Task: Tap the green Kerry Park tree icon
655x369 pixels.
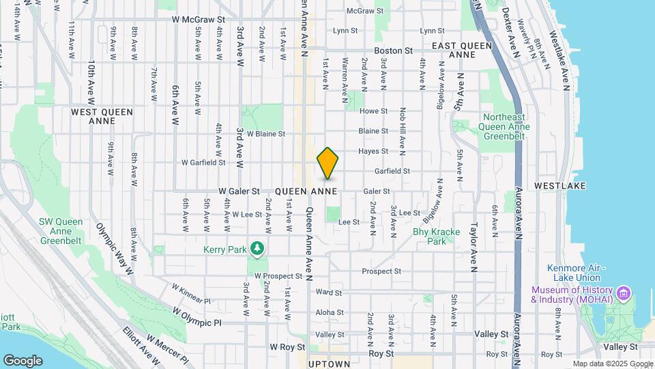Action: tap(257, 249)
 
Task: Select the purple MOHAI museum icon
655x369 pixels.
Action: tap(622, 295)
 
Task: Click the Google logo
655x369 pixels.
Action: tap(23, 360)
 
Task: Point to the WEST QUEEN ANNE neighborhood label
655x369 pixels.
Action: tap(102, 115)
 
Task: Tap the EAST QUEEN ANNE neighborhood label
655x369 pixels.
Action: tap(463, 50)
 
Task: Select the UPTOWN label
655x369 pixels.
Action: tap(329, 364)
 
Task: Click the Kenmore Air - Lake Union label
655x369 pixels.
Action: tap(573, 273)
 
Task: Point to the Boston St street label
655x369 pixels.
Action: tap(393, 51)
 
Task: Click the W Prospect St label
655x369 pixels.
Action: tap(278, 276)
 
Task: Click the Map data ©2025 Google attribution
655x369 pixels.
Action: tap(613, 364)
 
